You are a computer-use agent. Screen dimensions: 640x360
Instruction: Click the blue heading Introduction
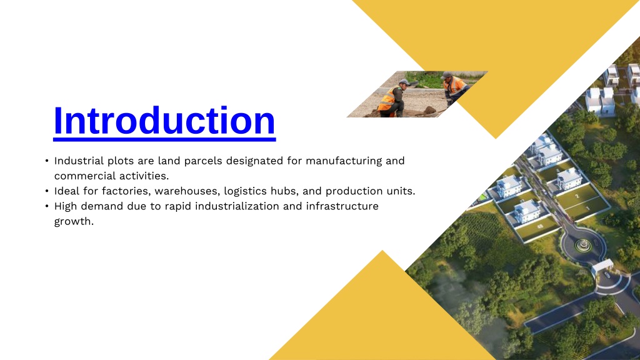pos(164,121)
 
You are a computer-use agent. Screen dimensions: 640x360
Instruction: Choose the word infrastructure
pos(342,206)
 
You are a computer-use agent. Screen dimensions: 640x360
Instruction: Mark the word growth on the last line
pos(74,222)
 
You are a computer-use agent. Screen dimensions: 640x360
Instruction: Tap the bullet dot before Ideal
pos(47,191)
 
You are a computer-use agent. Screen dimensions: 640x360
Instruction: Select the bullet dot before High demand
pos(47,206)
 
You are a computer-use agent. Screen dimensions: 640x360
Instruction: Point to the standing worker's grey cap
pos(446,75)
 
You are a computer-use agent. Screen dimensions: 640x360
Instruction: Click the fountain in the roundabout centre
pos(583,245)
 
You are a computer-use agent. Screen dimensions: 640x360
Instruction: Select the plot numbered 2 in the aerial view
pos(577,197)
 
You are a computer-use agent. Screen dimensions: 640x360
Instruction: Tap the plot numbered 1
pos(587,208)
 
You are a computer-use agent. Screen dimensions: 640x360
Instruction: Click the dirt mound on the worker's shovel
pos(429,110)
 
